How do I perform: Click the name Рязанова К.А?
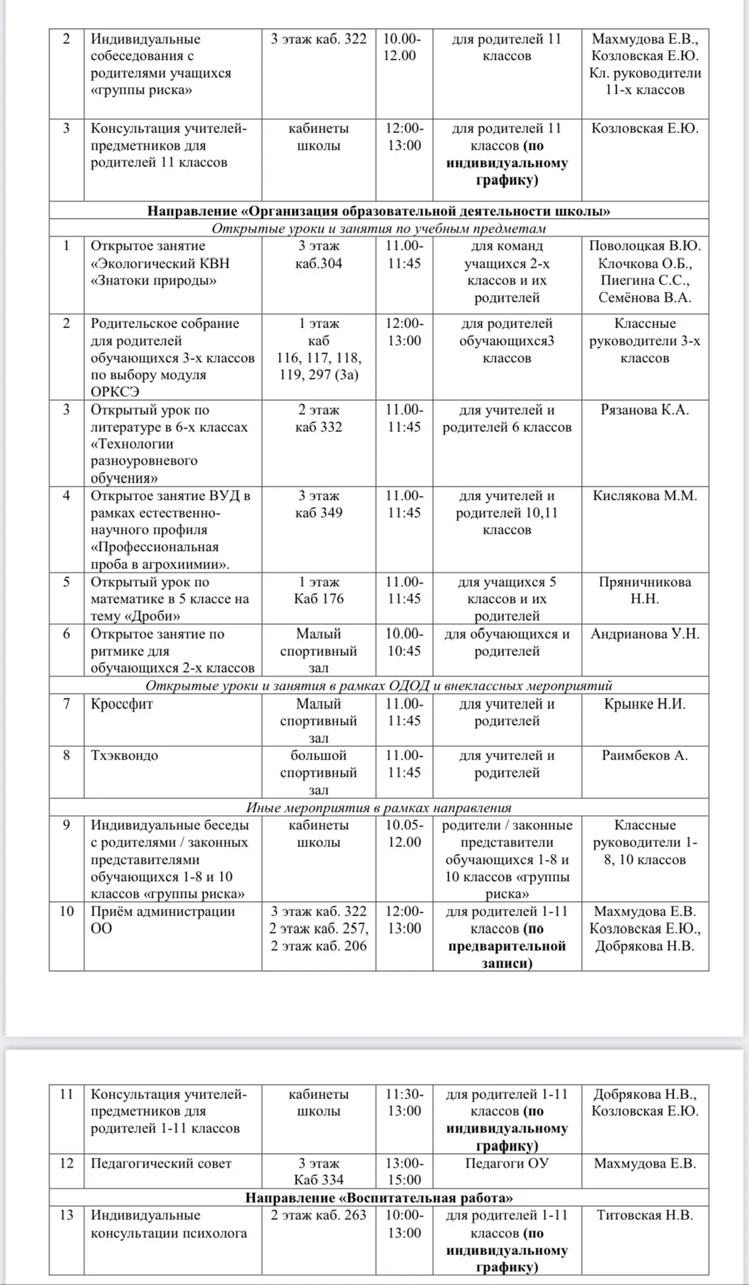645,410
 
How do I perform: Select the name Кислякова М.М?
645,496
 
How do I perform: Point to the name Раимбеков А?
645,756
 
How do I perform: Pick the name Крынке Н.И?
645,704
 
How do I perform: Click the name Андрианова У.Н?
645,634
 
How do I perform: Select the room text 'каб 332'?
319,427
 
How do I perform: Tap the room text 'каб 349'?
319,513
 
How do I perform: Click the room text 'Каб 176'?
319,599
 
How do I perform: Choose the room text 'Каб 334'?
319,1180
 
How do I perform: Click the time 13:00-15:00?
404,1171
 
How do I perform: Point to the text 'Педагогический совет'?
161,1163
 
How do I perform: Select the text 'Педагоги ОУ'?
507,1163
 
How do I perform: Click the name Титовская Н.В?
645,1215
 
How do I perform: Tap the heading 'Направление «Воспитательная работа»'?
379,1198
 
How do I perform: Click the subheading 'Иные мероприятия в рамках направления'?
379,807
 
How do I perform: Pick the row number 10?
66,911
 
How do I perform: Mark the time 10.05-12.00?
404,833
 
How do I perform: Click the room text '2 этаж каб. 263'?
319,1215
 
